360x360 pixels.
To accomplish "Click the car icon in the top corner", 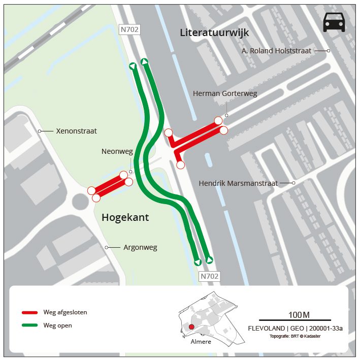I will (334, 22).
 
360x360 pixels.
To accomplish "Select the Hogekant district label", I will (125, 218).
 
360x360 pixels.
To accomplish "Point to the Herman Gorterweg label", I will (225, 94).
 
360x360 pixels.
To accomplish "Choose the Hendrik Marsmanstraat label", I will (238, 183).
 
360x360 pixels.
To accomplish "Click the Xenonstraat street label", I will (77, 131).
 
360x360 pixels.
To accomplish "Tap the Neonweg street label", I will (117, 151).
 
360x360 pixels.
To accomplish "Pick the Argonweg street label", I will (140, 247).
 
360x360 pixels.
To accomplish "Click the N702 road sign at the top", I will (129, 29).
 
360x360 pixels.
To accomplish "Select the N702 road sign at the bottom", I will (209, 276).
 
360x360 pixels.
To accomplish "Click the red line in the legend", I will (30, 312).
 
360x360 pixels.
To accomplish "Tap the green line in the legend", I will (30, 325).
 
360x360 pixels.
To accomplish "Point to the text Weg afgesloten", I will (65, 312).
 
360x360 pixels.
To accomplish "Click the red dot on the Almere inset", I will (191, 327).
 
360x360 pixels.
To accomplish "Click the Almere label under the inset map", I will (201, 342).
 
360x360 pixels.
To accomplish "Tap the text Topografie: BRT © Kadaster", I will (294, 336).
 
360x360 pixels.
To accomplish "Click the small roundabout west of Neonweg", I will (80, 202).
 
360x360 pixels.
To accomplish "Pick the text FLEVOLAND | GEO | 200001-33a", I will (294, 329).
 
